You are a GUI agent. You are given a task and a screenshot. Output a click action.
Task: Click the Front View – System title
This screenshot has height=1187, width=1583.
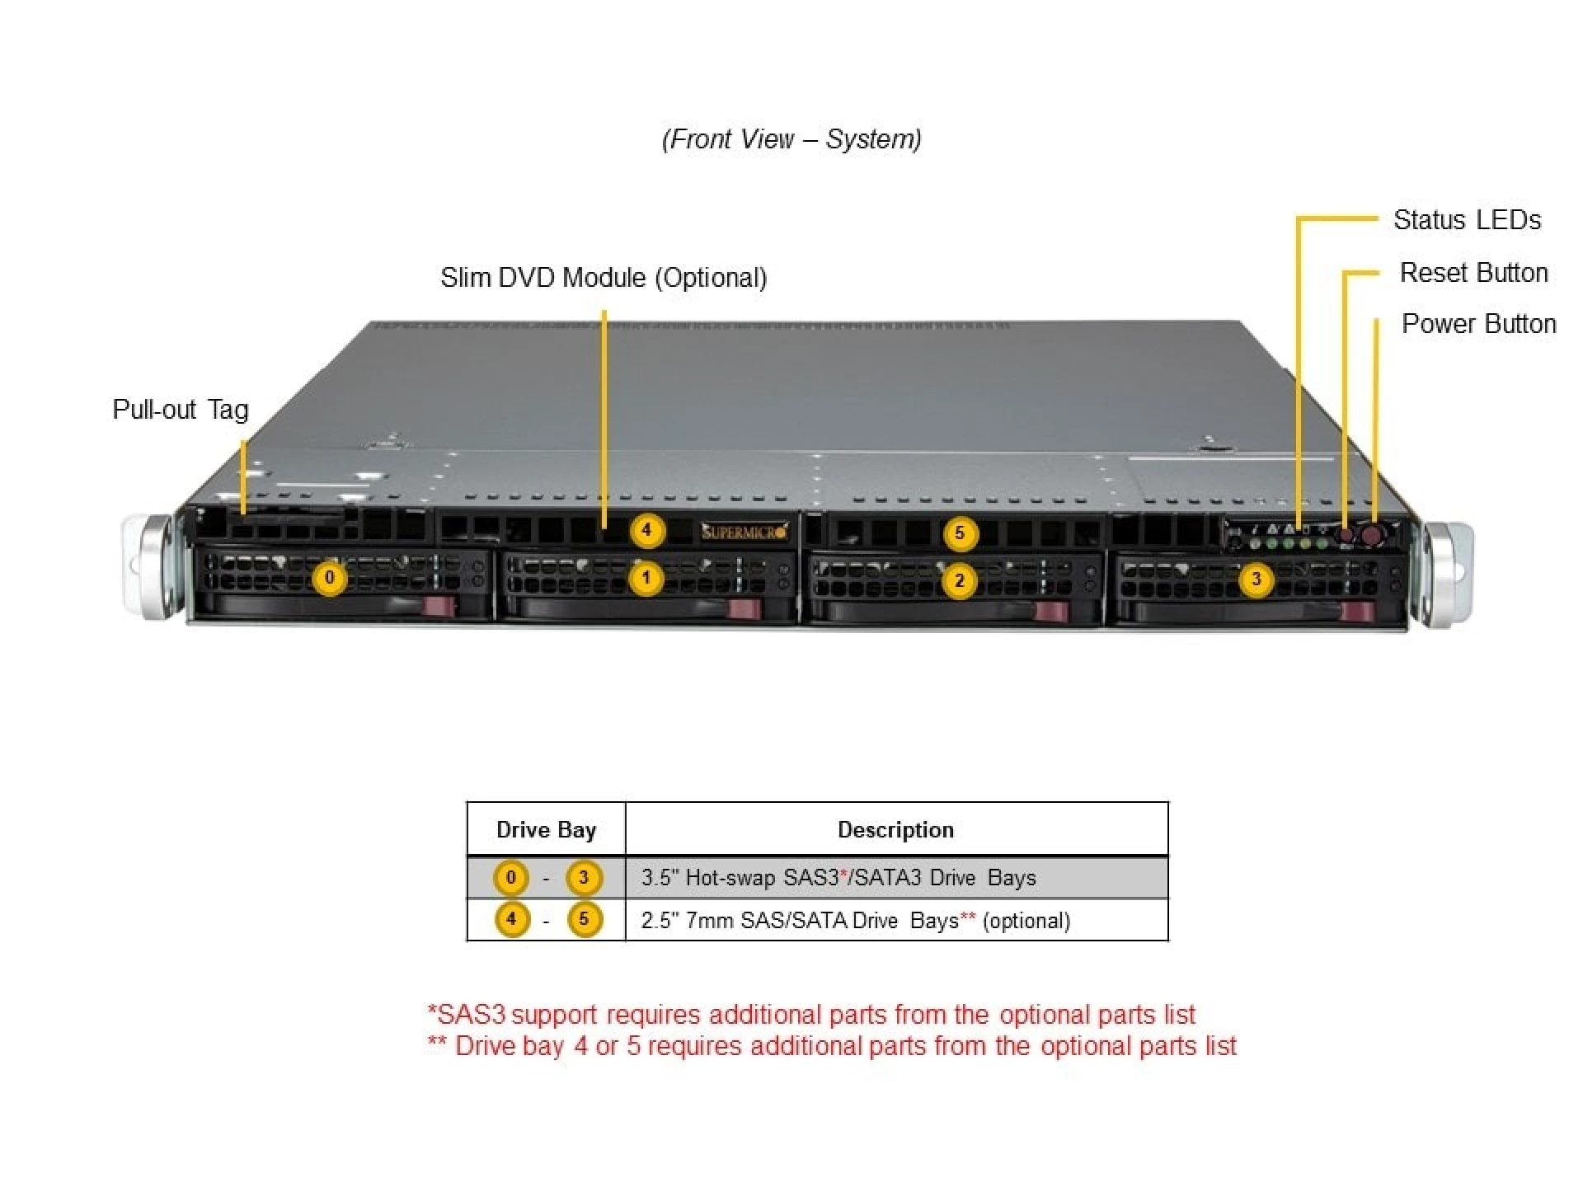click(791, 139)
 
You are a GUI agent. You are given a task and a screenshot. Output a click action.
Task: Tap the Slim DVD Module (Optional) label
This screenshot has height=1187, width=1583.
click(604, 278)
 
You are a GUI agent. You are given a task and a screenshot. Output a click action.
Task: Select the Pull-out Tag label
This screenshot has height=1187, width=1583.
click(180, 410)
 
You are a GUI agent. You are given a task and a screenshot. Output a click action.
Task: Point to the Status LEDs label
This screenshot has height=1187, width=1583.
click(1467, 220)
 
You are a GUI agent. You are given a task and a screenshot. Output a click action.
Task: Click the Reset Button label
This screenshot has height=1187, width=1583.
click(1473, 273)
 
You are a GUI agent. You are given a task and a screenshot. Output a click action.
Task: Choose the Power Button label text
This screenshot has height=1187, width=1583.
click(1478, 324)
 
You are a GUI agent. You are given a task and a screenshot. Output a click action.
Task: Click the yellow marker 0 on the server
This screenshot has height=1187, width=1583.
click(330, 578)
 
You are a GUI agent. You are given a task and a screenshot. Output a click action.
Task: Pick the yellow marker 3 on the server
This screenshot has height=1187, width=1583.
click(1256, 579)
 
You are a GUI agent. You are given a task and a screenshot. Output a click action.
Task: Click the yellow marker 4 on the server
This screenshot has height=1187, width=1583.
click(646, 530)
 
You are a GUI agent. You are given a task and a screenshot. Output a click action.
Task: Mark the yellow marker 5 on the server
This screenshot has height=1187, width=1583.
click(959, 533)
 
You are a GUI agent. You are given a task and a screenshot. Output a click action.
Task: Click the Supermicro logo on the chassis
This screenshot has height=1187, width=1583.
click(744, 532)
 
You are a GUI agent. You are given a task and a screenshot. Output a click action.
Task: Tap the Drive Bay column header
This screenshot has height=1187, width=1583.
click(546, 830)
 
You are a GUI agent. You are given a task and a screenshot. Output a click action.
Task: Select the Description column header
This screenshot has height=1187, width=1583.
click(895, 830)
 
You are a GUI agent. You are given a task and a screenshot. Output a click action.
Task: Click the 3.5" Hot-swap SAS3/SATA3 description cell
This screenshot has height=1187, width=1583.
click(838, 878)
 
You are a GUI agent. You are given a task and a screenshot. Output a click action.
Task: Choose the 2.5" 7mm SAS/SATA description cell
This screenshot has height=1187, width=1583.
click(855, 921)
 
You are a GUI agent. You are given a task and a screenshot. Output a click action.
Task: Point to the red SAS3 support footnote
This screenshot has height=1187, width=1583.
click(811, 1015)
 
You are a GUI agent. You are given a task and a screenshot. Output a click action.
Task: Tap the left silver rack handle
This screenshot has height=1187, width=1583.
click(148, 567)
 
